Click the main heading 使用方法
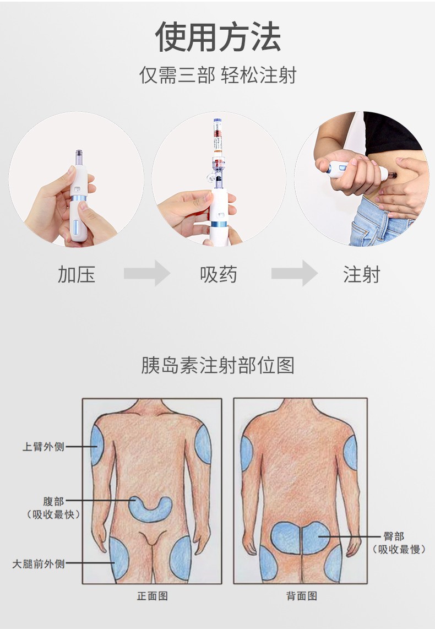click(x=218, y=37)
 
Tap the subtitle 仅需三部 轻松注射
click(x=218, y=75)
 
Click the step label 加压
click(x=77, y=274)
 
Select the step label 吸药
click(x=219, y=274)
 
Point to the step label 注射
click(x=362, y=274)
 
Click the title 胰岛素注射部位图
click(x=218, y=365)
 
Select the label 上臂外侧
click(x=44, y=447)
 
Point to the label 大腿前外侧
click(x=39, y=563)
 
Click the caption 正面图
click(x=152, y=596)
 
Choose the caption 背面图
click(x=301, y=596)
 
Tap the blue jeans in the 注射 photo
click(x=374, y=223)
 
